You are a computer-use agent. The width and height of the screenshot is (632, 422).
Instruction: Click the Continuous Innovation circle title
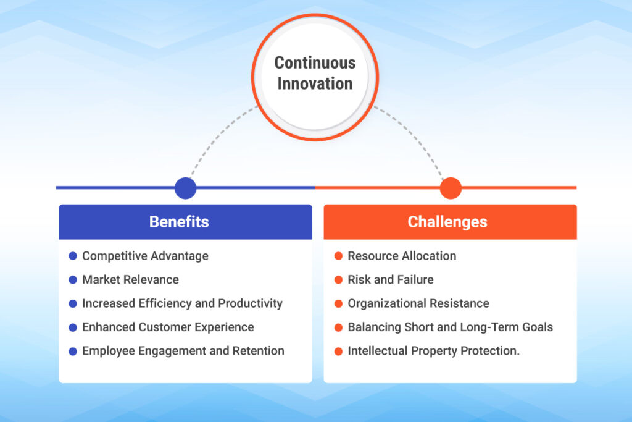pos(315,73)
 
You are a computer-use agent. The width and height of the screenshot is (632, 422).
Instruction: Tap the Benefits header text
pos(179,222)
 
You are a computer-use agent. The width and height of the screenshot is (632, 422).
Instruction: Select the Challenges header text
pos(447,222)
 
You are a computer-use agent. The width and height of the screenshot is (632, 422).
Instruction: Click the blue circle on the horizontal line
pos(185,188)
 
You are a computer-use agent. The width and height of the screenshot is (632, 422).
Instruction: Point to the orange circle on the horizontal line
pos(451,188)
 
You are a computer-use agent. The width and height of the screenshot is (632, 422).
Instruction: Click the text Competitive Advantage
pos(145,256)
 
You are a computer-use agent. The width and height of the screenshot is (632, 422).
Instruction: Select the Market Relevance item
pos(130,279)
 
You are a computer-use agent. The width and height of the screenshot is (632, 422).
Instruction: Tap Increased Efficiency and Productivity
pos(182,303)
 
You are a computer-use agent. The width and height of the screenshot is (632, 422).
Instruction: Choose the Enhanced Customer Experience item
pos(168,327)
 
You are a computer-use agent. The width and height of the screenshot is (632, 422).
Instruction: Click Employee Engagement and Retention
pos(183,351)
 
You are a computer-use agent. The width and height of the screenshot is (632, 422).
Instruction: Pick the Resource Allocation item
pos(402,256)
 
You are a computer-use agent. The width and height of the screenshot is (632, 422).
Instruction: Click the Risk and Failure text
pos(390,279)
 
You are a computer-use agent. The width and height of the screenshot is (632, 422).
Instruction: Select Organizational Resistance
pos(418,303)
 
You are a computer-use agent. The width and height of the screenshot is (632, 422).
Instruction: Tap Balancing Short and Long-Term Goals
pos(450,327)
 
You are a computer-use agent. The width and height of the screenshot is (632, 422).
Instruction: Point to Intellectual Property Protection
pos(433,351)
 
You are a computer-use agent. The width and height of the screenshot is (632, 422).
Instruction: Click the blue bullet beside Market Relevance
pos(73,280)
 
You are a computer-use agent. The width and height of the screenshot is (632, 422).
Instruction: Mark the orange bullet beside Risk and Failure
pos(338,280)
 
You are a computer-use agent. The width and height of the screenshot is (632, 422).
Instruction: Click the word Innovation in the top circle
pos(315,83)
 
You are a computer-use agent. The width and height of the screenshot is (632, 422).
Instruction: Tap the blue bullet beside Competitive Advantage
pos(73,256)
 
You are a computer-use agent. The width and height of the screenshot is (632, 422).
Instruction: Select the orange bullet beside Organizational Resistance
pos(338,303)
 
